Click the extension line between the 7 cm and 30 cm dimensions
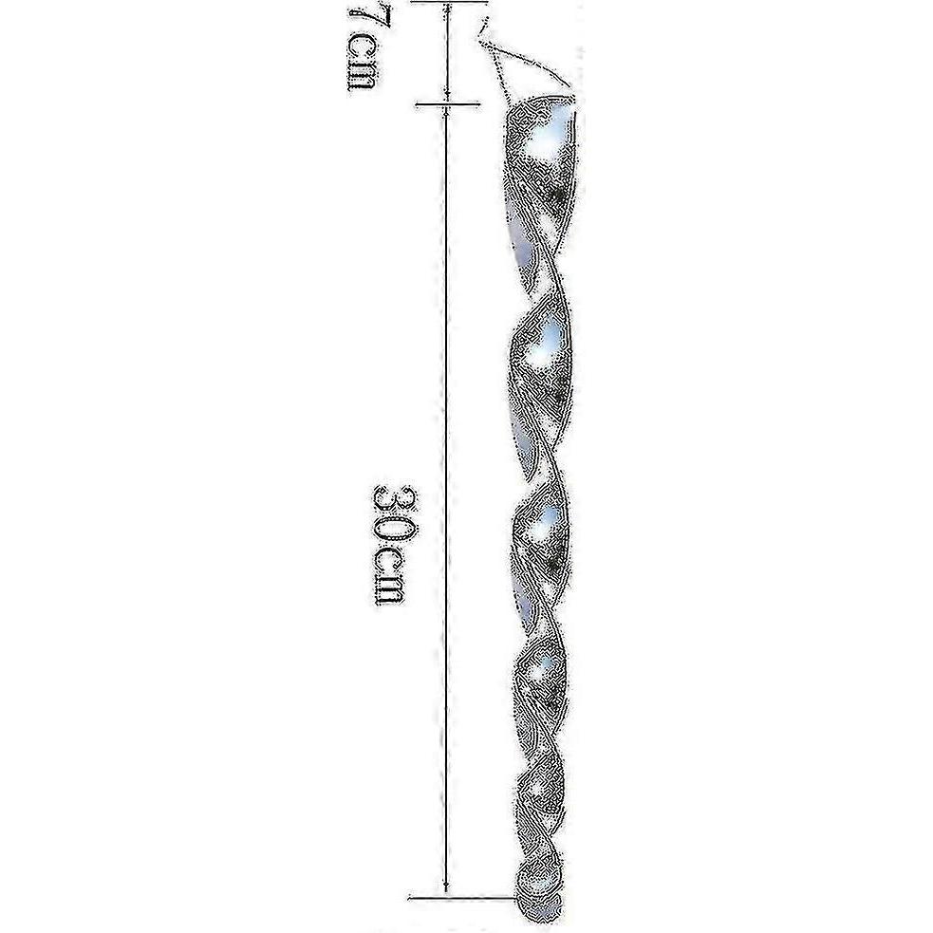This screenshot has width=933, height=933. pos(447,105)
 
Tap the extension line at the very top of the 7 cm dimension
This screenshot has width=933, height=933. pos(449,2)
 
